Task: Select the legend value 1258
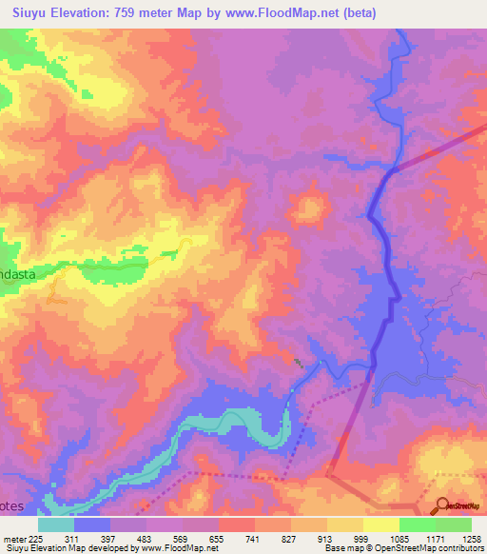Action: [x=472, y=539]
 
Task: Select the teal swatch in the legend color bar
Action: [x=56, y=524]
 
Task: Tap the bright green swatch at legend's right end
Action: [x=454, y=524]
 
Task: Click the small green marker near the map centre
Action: [x=299, y=363]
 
